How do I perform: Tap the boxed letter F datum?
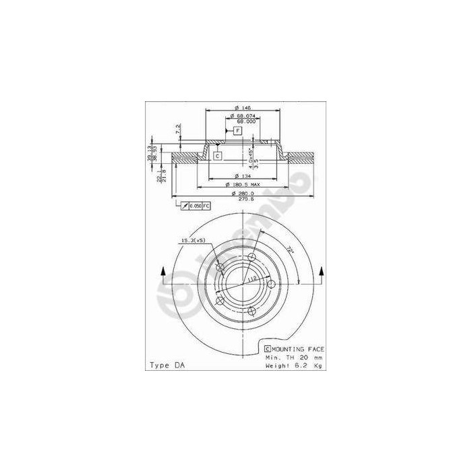click(238, 131)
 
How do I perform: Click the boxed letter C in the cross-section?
click(218, 156)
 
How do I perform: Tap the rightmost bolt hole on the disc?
click(271, 283)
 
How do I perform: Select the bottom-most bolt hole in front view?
click(252, 310)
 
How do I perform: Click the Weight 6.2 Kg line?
click(293, 365)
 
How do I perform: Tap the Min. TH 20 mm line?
click(293, 357)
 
